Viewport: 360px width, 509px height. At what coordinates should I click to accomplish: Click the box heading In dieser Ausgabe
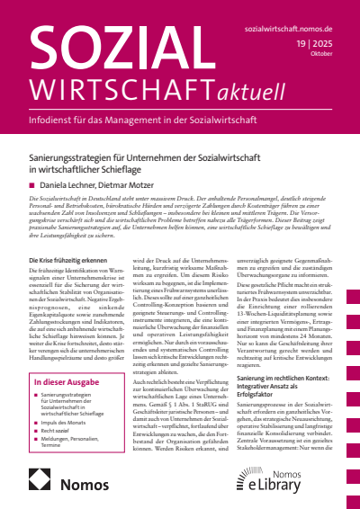coord(59,381)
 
